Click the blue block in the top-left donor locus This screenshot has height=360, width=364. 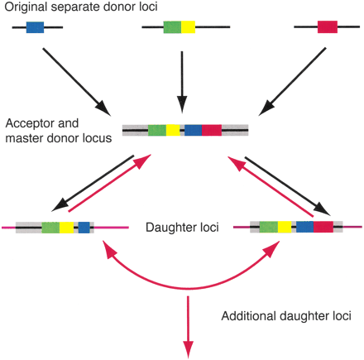click(x=35, y=27)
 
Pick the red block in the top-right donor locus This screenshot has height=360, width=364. click(x=328, y=27)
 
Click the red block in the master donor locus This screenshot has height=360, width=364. click(x=211, y=130)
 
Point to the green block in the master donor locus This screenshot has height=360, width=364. click(x=157, y=130)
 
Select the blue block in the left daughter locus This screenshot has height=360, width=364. click(x=84, y=226)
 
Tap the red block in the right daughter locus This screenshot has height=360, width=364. click(x=323, y=226)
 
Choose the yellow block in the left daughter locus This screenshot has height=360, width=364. click(x=66, y=226)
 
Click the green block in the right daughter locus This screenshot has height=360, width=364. click(x=269, y=226)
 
